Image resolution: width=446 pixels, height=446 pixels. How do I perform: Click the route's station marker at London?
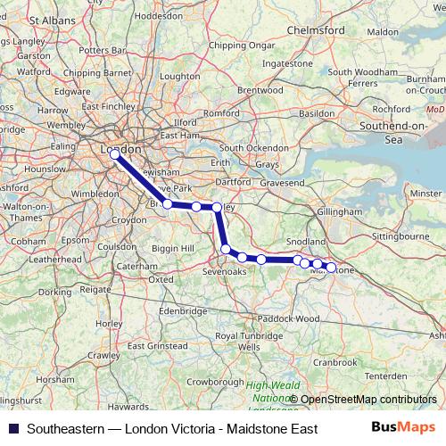click(114, 153)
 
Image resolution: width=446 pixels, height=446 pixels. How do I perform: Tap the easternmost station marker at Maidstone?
click(331, 267)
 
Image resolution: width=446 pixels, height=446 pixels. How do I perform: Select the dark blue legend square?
click(12, 428)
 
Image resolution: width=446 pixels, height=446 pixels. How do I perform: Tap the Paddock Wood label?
click(286, 318)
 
